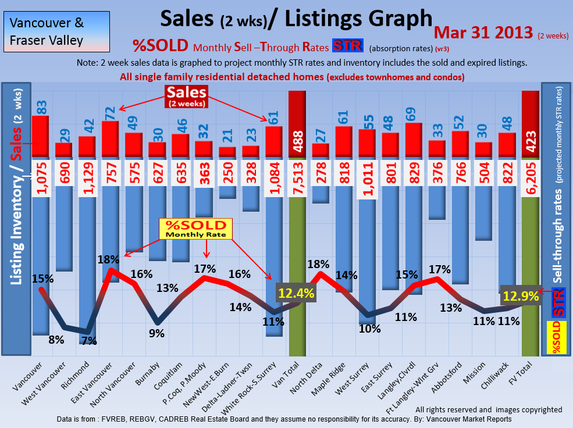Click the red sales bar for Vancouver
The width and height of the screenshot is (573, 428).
click(x=40, y=136)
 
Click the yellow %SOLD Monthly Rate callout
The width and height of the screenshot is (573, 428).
click(x=195, y=229)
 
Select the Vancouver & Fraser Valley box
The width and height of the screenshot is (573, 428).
click(x=56, y=32)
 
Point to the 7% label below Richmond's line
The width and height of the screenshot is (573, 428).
click(x=89, y=341)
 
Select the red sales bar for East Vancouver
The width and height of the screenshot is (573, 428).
click(x=111, y=139)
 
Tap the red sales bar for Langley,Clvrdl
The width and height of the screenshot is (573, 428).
click(x=414, y=140)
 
